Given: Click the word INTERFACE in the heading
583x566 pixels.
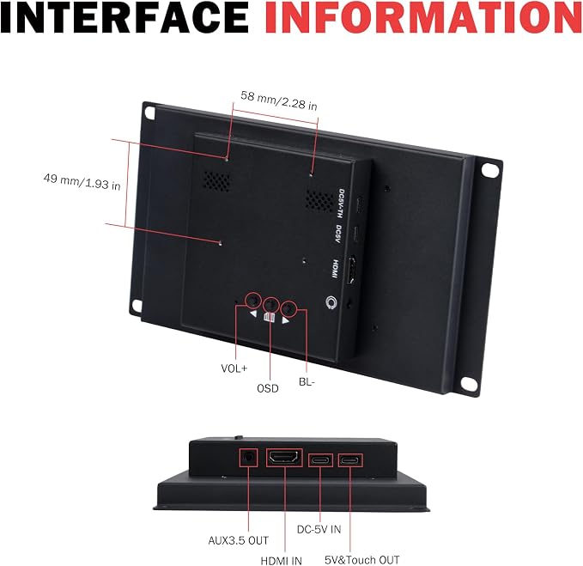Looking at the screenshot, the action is point(124,16).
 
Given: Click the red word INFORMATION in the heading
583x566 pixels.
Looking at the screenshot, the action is point(423,16).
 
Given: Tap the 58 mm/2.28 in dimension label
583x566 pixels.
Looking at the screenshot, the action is point(279,100).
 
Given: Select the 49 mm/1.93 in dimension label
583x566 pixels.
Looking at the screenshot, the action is point(82,181).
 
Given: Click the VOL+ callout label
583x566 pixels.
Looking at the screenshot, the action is point(234,368).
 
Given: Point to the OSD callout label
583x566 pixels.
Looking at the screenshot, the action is point(268,388).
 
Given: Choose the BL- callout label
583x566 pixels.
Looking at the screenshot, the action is point(307,382).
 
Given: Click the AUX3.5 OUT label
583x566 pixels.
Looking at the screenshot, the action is point(239,540).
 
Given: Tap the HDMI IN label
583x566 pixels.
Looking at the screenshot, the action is point(281,561).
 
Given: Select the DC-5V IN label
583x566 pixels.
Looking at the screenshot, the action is point(319,529).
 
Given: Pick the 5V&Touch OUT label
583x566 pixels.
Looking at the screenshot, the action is point(362,560).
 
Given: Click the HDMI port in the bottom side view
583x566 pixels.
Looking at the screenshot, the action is point(284,458).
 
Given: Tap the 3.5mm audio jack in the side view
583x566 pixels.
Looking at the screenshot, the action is point(248,458).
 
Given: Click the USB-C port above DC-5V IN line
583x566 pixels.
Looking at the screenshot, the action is point(320,460).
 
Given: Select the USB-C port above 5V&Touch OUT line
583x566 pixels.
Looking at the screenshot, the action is point(350,460).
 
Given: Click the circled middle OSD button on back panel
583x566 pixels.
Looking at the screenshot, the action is point(271,305).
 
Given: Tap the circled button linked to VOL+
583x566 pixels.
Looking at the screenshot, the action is point(252,300).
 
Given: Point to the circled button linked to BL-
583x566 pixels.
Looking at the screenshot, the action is point(288,309).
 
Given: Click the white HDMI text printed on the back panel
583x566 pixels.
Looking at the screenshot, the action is point(336,269).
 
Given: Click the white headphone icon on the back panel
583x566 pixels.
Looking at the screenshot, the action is point(331,302).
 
